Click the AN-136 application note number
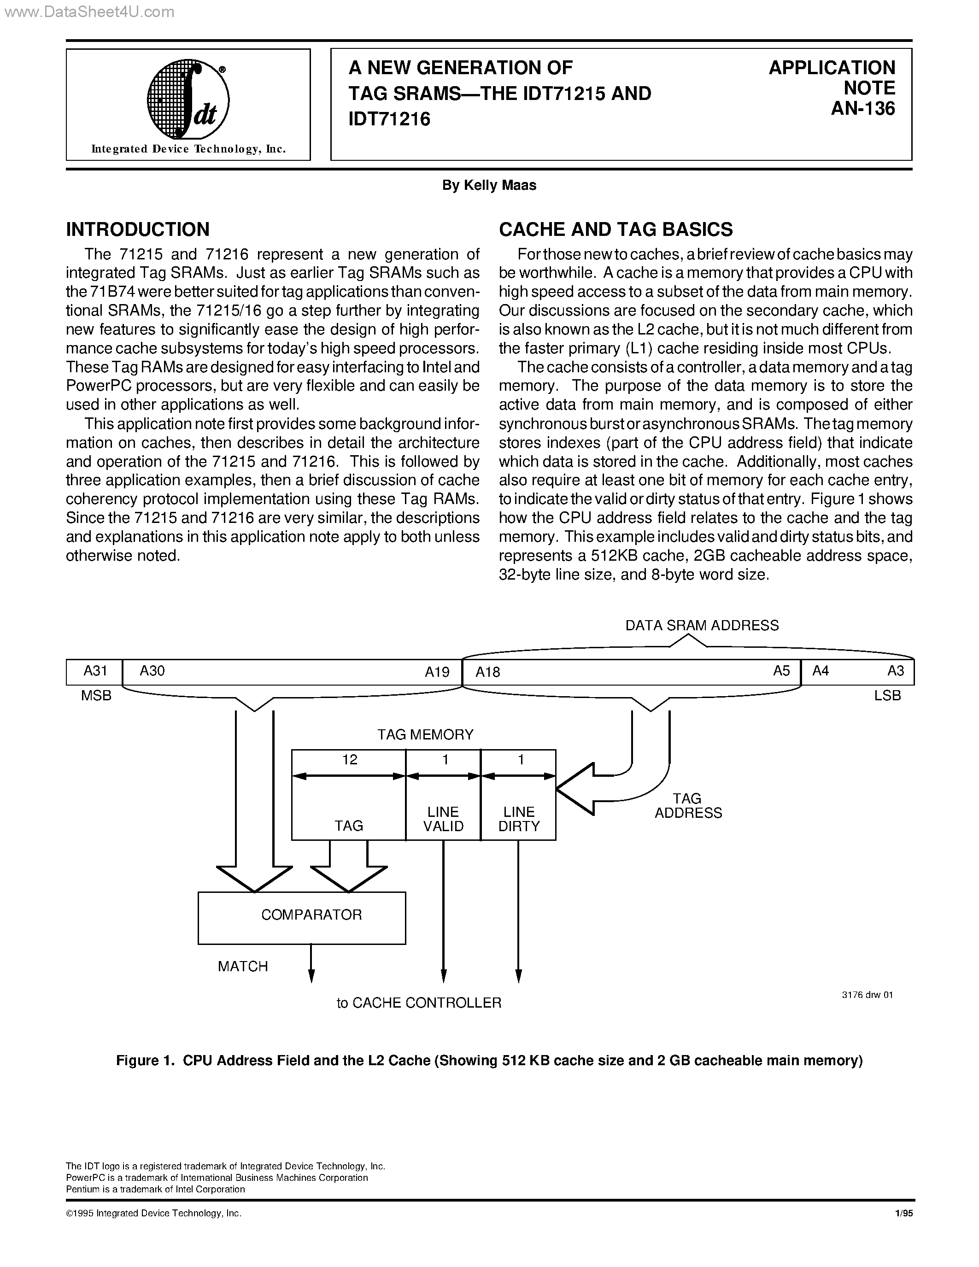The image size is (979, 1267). coord(862,108)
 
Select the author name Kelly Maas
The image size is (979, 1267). coord(489,185)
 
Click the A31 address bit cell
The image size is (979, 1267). coord(94,671)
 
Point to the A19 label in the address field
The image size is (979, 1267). coord(437,672)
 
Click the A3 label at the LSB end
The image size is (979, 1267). coord(896,671)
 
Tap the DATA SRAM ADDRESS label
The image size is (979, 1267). coord(702,625)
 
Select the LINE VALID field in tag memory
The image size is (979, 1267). coord(443,819)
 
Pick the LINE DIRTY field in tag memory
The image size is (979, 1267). coord(518,819)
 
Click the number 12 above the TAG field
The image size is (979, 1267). coord(350,760)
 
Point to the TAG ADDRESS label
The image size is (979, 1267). coord(688,805)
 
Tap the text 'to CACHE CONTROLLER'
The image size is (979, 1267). coord(419,1003)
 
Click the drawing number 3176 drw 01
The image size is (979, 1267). coord(867,994)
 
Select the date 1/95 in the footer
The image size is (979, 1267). coord(904,1213)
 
